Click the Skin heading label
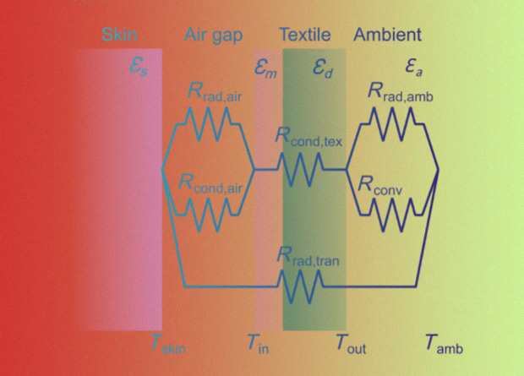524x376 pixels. (x=119, y=35)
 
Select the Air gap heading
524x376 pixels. (x=213, y=35)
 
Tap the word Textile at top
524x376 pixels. (x=305, y=35)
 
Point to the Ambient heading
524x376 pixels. (x=388, y=35)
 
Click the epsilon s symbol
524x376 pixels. (x=139, y=68)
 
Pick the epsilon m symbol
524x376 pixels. (x=265, y=68)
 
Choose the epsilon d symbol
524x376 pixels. (x=323, y=68)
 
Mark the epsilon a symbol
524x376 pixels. (x=414, y=68)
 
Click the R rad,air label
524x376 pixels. (x=215, y=92)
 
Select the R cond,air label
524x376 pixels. (x=210, y=184)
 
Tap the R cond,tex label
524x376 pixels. (x=308, y=138)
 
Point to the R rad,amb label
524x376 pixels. (x=401, y=92)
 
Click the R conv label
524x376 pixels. (x=380, y=185)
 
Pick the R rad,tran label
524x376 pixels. (x=308, y=257)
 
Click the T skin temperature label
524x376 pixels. (x=168, y=344)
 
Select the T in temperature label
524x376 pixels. (x=258, y=344)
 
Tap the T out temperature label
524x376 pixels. (x=351, y=344)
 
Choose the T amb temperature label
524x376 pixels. (x=444, y=344)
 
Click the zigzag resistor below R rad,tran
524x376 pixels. (x=300, y=286)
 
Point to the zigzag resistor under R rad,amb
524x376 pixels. (x=392, y=124)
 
